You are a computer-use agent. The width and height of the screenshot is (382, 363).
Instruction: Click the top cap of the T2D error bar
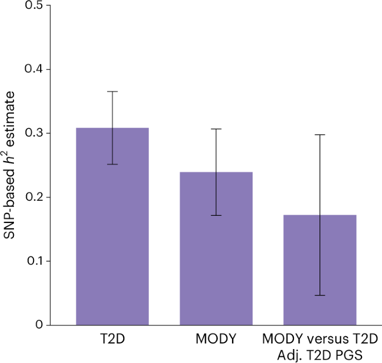tap(112, 91)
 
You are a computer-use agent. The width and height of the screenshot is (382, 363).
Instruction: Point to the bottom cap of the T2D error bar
tap(112, 164)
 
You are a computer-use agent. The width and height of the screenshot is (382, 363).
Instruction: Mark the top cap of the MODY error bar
tap(216, 129)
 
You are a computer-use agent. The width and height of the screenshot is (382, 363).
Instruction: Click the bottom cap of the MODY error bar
tap(216, 215)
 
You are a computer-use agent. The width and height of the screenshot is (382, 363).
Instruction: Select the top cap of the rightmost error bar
tap(320, 135)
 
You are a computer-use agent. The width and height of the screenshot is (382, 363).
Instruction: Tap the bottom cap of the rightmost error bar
tap(320, 295)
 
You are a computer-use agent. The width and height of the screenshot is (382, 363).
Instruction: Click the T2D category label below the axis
tap(112, 339)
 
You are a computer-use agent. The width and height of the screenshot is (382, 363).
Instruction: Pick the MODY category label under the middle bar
tap(216, 339)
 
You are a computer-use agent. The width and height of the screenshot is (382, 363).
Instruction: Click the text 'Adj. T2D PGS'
tap(320, 354)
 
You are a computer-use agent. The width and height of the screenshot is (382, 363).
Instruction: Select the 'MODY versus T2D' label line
tap(320, 339)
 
